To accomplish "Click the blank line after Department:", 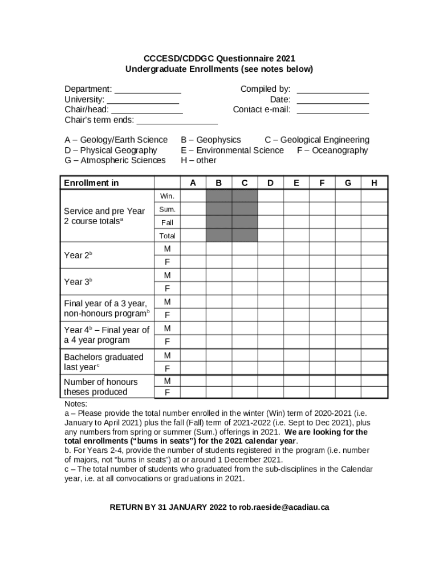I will (148, 90).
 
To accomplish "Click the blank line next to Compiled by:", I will (333, 90).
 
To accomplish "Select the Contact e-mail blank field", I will (333, 111).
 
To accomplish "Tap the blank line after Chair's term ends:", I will (177, 121).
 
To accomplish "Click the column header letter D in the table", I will (270, 183).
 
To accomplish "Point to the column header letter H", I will (374, 183).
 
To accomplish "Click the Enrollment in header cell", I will (107, 183).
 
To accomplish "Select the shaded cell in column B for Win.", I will (219, 196).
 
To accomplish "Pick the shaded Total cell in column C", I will (245, 236).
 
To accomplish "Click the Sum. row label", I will (168, 209).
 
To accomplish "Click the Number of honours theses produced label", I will (101, 387).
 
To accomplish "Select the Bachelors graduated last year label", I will (104, 362).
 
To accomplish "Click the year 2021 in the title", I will (286, 59).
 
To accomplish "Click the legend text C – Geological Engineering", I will (316, 140).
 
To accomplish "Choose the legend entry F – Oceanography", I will (332, 150).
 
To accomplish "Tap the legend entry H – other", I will (198, 160).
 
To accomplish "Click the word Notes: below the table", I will (76, 403).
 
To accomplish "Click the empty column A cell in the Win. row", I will (193, 196).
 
